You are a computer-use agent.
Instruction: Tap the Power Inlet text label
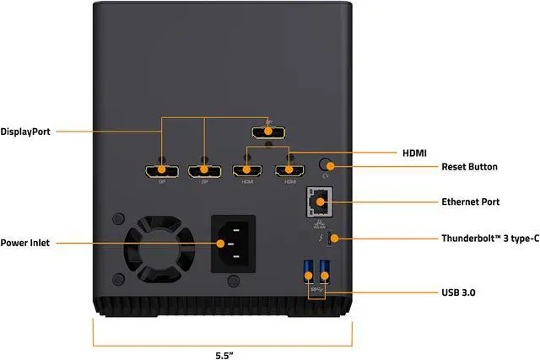[25, 243]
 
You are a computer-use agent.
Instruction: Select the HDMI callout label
[413, 153]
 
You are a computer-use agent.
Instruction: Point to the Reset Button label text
[469, 167]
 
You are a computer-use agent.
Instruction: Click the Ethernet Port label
[471, 202]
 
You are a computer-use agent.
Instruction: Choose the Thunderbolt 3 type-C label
[489, 239]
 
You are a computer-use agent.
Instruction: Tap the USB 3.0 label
[462, 293]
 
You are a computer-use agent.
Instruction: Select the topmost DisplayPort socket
[268, 132]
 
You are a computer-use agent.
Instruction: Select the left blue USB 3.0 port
[306, 273]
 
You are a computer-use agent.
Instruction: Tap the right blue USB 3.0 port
[324, 273]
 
